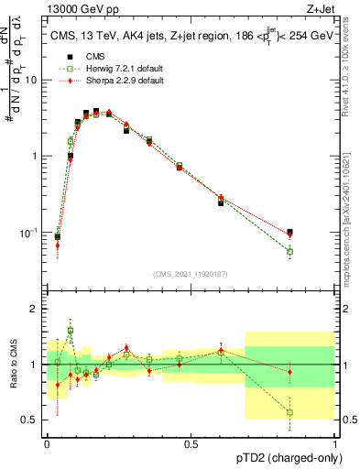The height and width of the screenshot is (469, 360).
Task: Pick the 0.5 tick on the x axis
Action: pos(191,443)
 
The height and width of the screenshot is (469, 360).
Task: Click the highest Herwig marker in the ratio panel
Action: pos(71,330)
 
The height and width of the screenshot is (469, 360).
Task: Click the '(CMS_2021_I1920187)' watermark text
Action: pos(190,274)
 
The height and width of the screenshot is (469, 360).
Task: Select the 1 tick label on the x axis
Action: pos(335,443)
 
